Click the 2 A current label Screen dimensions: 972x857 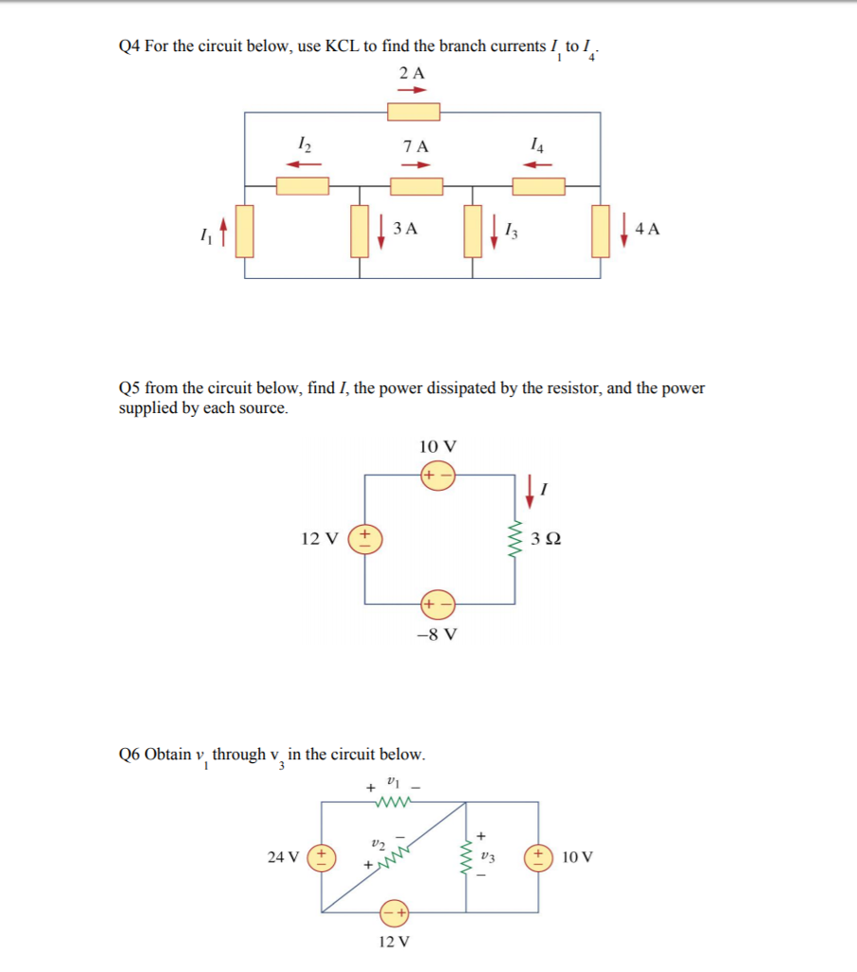click(412, 73)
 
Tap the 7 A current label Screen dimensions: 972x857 click(415, 146)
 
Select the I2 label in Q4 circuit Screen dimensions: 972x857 click(303, 144)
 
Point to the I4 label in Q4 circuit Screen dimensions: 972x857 click(538, 144)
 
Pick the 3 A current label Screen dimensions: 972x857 click(405, 229)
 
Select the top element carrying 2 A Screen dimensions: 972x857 click(413, 112)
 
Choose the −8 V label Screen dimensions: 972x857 click(438, 633)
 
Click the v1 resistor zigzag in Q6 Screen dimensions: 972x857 click(391, 803)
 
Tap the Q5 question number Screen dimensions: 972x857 click(129, 388)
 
